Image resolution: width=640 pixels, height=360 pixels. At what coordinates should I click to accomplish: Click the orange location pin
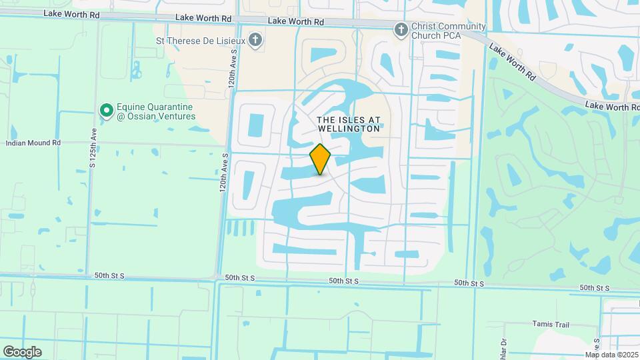321,159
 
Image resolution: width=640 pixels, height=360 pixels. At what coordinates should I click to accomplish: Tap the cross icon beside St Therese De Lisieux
256,40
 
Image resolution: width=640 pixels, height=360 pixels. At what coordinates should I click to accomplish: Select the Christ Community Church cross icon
401,29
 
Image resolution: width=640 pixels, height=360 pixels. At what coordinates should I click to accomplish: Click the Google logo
22,351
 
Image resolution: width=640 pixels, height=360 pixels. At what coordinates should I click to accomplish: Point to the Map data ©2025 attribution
611,355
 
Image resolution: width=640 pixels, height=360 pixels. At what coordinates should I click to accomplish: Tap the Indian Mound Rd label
33,143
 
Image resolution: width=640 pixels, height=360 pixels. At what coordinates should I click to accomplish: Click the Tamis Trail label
551,325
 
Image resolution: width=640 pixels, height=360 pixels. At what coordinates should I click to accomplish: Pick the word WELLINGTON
349,129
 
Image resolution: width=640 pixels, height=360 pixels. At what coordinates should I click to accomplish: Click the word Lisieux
230,40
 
